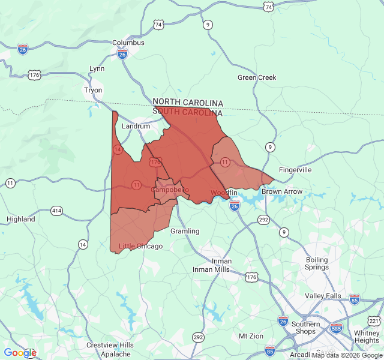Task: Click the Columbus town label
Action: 128,43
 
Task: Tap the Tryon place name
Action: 93,90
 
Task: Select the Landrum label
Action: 136,127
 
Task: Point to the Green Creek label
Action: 257,77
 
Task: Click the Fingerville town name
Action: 295,170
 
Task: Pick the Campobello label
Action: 170,190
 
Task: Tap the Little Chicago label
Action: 140,246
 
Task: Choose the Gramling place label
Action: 185,231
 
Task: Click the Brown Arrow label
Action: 282,192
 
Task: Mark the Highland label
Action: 21,219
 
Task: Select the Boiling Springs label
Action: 317,263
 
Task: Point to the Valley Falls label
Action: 323,296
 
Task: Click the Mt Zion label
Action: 251,335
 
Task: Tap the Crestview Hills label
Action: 110,345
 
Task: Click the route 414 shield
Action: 56,211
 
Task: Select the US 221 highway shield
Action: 374,322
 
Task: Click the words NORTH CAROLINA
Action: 188,103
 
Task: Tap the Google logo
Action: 20,353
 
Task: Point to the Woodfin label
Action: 224,192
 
